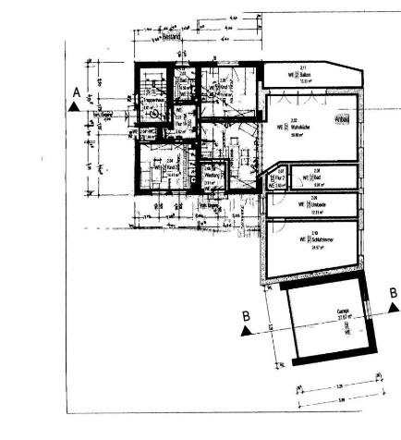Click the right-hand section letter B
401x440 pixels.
coord(393,293)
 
